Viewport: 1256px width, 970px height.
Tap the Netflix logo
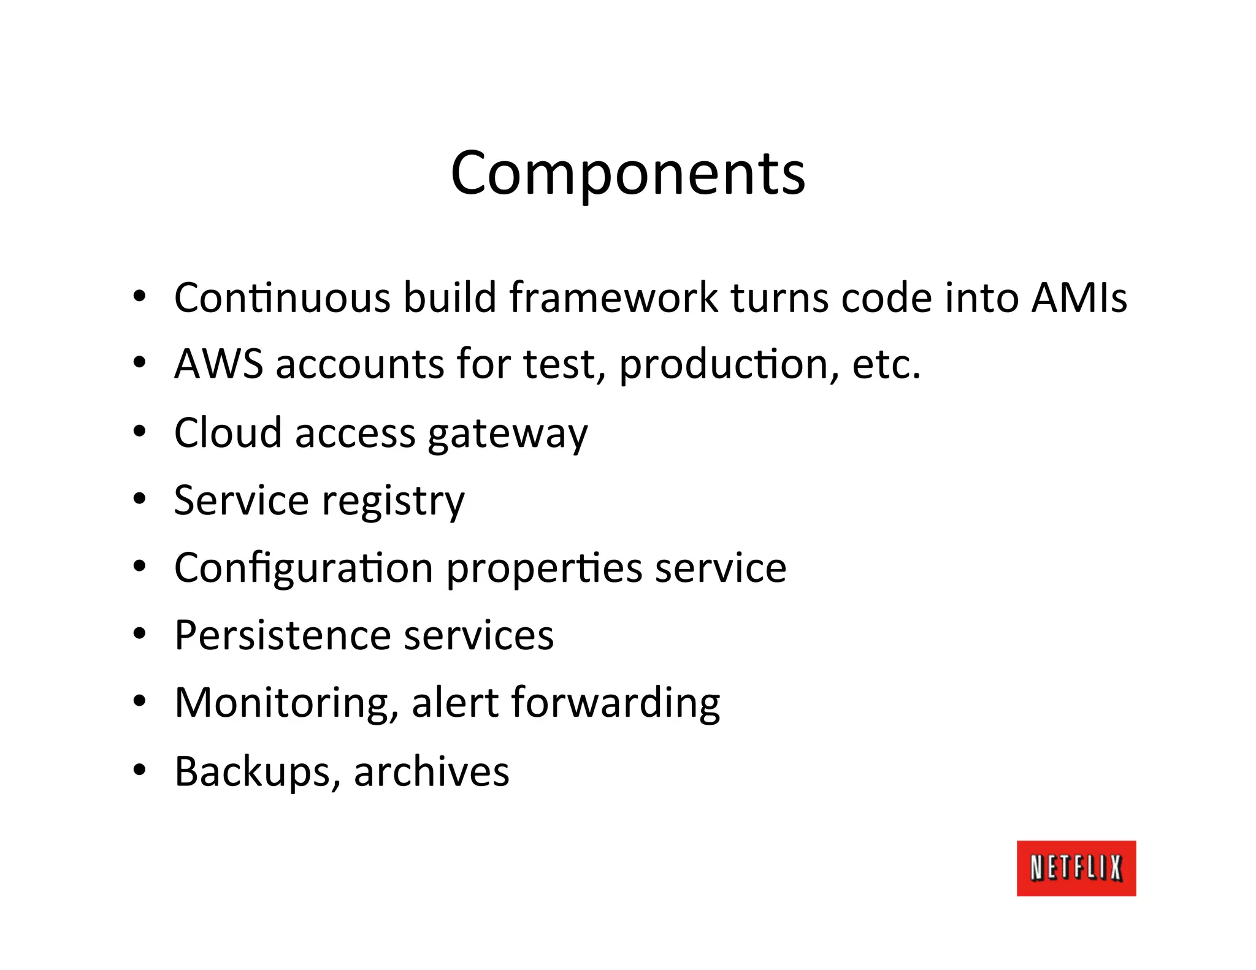[x=1076, y=868]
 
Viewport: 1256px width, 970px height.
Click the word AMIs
[x=1079, y=298]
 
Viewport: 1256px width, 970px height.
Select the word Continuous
[x=282, y=298]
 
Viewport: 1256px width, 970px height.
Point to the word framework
[x=613, y=298]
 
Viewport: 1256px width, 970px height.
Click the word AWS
[x=218, y=364]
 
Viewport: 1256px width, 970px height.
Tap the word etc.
[x=886, y=364]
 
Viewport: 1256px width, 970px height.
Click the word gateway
[x=508, y=434]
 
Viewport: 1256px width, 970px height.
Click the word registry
[x=393, y=502]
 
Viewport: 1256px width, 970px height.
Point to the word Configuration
[x=304, y=569]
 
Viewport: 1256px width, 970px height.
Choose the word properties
[x=544, y=569]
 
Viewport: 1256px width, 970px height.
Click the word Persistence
[x=283, y=635]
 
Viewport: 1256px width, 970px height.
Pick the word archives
[x=431, y=771]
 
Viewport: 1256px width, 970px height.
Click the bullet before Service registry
[x=140, y=499]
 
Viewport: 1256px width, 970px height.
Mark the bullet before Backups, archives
[x=140, y=770]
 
